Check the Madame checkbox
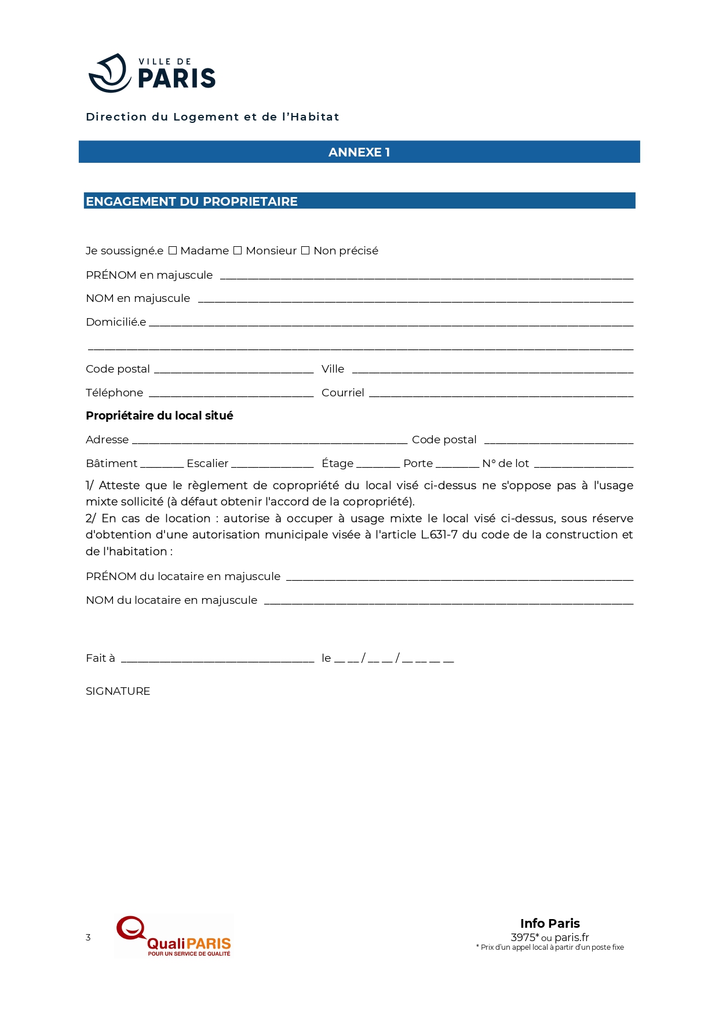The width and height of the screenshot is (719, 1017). point(173,251)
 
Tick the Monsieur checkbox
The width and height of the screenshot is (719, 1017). point(238,251)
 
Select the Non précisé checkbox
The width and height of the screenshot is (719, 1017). point(305,251)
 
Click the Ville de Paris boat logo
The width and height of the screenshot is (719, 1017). point(110,73)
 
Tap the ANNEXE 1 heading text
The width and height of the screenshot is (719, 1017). point(359,152)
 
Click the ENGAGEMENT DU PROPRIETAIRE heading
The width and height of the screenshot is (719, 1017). point(192,202)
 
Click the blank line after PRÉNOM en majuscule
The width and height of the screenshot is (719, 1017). point(426,277)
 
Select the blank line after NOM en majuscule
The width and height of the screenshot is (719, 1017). point(415,300)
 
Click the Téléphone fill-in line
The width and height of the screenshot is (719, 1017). point(231,395)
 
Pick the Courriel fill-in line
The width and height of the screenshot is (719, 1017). point(501,395)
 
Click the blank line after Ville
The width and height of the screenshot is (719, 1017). point(492,371)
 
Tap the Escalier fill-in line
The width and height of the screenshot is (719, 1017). point(272,465)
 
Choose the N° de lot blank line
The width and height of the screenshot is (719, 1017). point(583,465)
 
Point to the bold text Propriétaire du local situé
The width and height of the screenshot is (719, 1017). point(159,416)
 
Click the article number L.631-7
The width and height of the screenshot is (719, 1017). point(439,535)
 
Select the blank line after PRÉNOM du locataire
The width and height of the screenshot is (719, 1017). point(459,578)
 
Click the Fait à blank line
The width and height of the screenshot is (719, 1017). point(217,660)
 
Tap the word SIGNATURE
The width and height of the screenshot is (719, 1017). point(118,691)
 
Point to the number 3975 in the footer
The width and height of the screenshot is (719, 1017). point(523,938)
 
